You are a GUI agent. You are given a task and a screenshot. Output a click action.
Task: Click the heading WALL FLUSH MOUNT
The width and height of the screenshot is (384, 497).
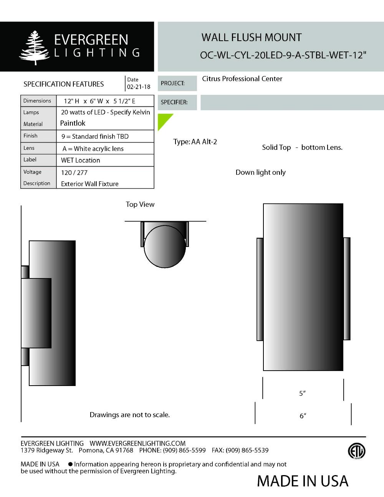252,38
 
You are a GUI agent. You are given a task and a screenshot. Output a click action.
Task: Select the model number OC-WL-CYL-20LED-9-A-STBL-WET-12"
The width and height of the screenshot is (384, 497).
283,55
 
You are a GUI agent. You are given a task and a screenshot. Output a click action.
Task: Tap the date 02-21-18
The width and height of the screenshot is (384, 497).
139,87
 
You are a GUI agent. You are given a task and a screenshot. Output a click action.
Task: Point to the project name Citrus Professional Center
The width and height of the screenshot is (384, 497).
242,79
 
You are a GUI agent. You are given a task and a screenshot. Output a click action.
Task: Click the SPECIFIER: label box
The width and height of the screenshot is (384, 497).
177,103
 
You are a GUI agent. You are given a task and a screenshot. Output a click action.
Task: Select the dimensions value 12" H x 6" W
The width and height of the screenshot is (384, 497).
99,101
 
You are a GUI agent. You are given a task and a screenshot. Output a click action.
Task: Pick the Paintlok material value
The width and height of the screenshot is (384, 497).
73,123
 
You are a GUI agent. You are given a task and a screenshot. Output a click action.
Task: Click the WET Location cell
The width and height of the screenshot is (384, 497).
81,160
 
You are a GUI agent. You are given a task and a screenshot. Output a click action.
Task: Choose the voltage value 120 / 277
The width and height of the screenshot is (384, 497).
74,172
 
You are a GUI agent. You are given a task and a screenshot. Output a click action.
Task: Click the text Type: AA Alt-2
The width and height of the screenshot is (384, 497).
195,142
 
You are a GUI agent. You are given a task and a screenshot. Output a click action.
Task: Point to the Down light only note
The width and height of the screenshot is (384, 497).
260,172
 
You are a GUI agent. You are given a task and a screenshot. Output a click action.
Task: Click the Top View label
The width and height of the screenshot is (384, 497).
140,204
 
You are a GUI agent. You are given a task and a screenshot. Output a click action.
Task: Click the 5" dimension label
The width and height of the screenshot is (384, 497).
303,393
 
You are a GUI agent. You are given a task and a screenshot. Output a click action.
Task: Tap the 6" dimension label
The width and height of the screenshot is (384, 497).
303,416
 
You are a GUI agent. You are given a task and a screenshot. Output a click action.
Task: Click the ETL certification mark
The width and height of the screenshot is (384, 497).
356,451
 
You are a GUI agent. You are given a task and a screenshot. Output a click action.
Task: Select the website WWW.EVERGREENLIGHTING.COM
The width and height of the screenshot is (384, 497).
137,443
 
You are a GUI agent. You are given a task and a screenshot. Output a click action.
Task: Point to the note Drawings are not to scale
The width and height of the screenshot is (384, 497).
129,415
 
